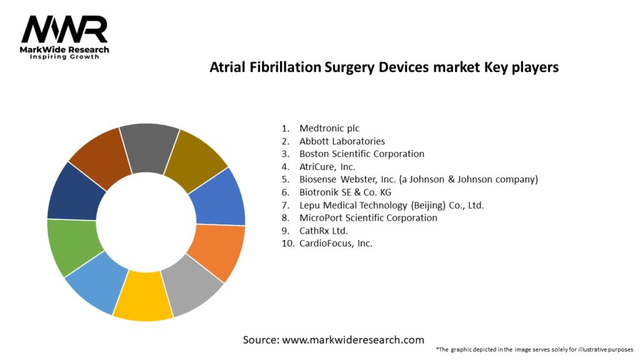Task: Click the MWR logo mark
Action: [64, 29]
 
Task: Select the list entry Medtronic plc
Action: [329, 129]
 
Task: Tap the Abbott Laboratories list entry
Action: [342, 141]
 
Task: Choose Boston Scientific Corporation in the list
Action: [362, 154]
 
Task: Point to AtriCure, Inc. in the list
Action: [327, 167]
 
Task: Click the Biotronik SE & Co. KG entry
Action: [345, 192]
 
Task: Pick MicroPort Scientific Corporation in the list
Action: [368, 218]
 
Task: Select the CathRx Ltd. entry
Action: [324, 231]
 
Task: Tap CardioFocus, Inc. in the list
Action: [336, 244]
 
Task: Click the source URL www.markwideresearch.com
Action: [353, 339]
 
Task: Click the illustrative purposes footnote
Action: [535, 350]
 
